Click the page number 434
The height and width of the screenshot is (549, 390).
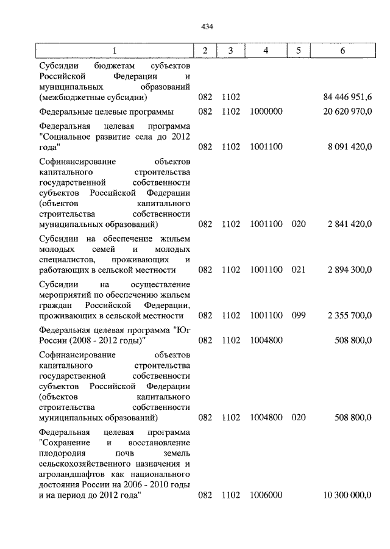click(205, 26)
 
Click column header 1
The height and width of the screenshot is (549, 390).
click(114, 51)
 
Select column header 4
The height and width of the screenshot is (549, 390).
click(266, 51)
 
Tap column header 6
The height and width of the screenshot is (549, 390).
click(342, 51)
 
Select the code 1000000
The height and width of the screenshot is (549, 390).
click(266, 112)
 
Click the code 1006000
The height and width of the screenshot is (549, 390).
click(266, 495)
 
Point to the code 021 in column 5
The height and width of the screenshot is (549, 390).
click(298, 270)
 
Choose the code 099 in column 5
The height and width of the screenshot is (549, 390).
click(298, 315)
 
